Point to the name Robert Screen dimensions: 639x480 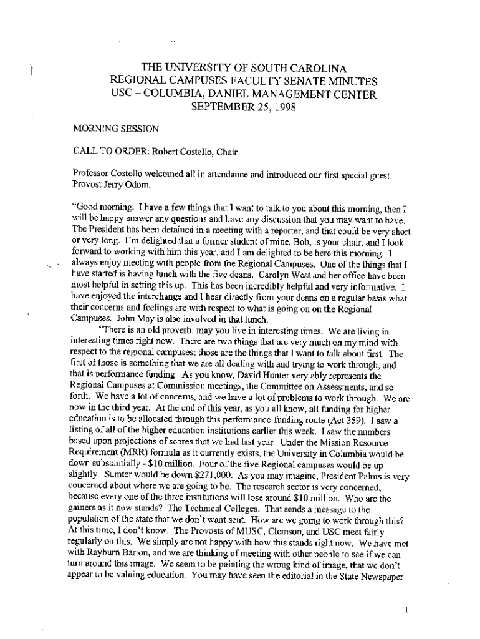click(x=160, y=150)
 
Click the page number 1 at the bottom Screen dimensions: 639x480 click(x=406, y=610)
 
